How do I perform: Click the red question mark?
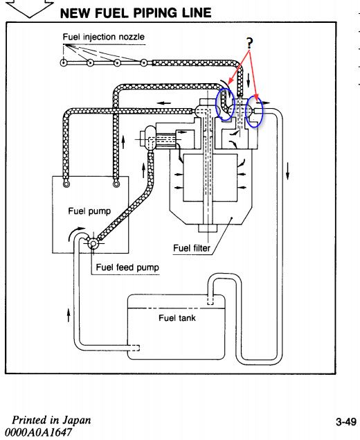point(249,43)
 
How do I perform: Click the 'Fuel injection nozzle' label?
point(104,37)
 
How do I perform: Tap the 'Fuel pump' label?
point(89,211)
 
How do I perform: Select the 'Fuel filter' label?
point(192,248)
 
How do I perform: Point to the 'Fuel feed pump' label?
point(127,267)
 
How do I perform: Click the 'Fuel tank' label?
point(177,318)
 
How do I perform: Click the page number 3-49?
point(346,422)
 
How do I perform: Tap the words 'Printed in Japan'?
point(51,420)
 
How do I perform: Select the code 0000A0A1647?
point(38,432)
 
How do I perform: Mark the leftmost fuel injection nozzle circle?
point(64,62)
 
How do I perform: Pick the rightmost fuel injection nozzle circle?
point(143,62)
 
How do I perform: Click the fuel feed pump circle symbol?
point(92,243)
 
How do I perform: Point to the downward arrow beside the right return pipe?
point(287,170)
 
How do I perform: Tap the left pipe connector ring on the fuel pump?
point(66,184)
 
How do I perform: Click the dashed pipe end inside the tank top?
point(210,301)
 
